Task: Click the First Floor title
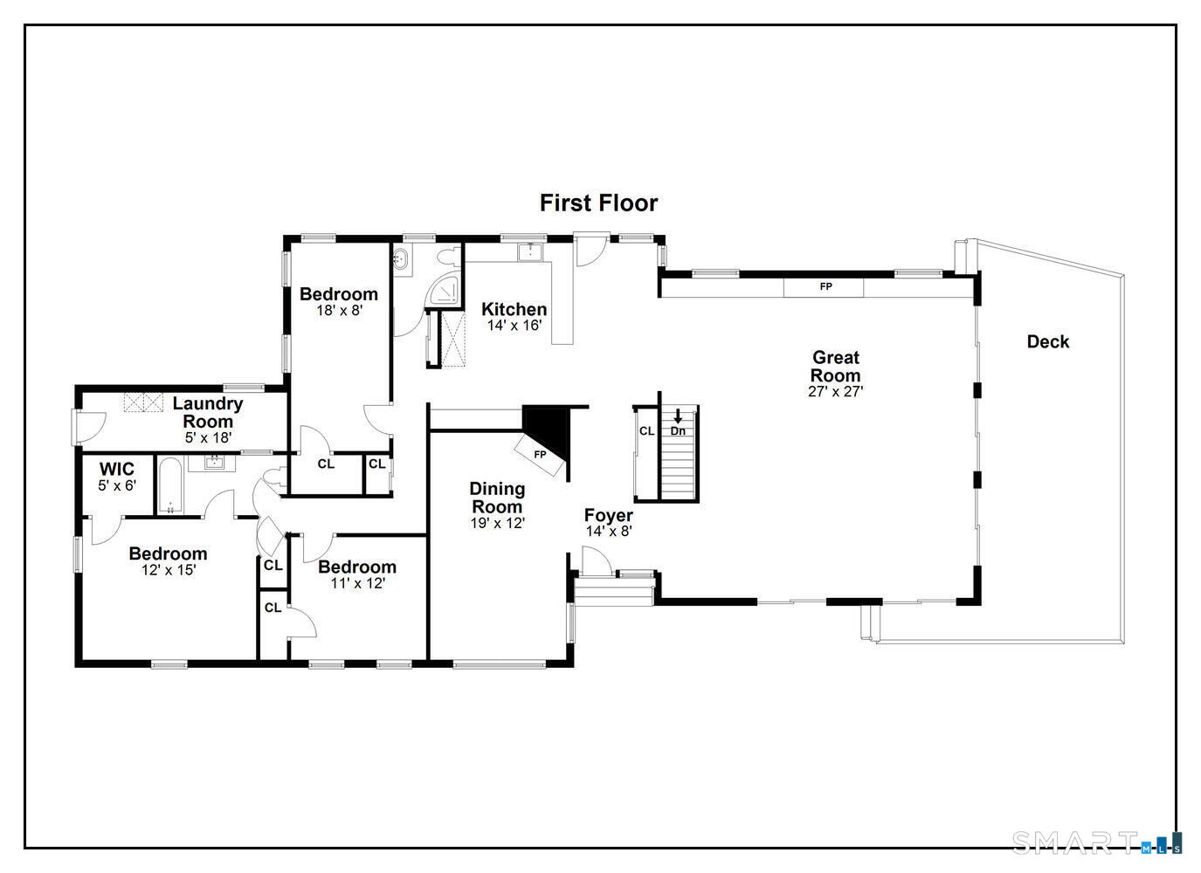tap(598, 203)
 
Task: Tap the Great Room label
tap(836, 367)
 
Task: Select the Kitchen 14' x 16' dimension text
tap(514, 326)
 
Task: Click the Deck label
tap(1047, 342)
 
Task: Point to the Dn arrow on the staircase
tap(678, 416)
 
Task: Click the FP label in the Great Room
tap(825, 286)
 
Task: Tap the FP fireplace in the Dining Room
tap(540, 455)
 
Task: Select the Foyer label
tap(608, 515)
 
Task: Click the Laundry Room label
tap(207, 412)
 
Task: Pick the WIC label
tap(117, 470)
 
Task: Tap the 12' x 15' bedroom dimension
tap(169, 570)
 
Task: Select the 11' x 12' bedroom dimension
tap(357, 583)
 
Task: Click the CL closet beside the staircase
tap(646, 431)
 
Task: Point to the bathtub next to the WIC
tap(170, 485)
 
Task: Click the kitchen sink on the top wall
tap(530, 252)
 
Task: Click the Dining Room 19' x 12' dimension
tap(497, 524)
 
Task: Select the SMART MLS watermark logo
tap(1096, 842)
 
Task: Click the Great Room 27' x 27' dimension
tap(836, 392)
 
